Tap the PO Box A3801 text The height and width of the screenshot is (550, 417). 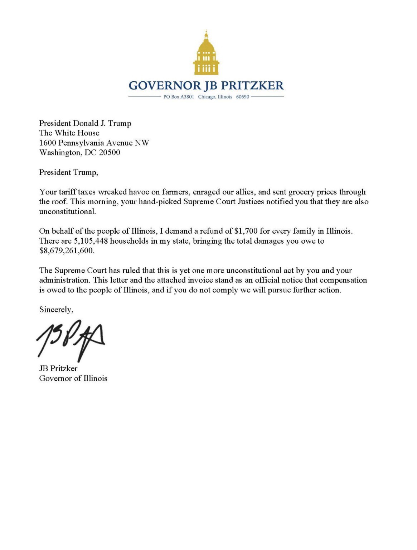click(178, 97)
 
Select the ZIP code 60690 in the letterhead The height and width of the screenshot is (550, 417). click(242, 97)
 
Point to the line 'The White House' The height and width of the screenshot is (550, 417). click(69, 133)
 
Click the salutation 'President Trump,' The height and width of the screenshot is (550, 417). click(68, 172)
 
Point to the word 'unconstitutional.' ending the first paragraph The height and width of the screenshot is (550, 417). click(68, 211)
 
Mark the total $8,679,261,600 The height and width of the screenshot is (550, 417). click(68, 251)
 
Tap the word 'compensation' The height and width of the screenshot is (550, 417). click(343, 280)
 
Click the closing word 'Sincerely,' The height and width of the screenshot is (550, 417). click(56, 310)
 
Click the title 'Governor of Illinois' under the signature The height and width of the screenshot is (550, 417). click(73, 378)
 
